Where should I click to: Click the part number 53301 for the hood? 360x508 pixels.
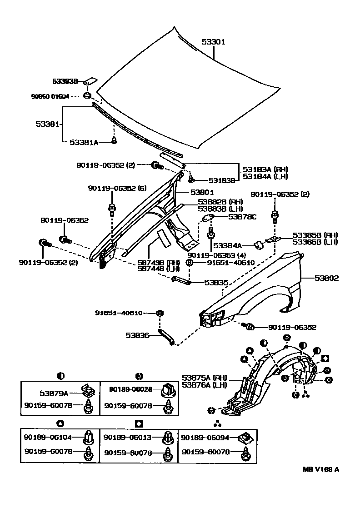[213, 42]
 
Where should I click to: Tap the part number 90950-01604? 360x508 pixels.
[50, 96]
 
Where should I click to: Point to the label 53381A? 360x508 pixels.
[84, 142]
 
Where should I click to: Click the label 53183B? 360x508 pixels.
[222, 180]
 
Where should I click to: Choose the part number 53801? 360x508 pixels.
[202, 192]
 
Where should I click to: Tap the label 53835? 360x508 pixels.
[216, 282]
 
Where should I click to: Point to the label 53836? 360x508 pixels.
[137, 336]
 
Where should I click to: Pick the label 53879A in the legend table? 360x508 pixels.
[54, 393]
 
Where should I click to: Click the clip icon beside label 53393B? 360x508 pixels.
[90, 81]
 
